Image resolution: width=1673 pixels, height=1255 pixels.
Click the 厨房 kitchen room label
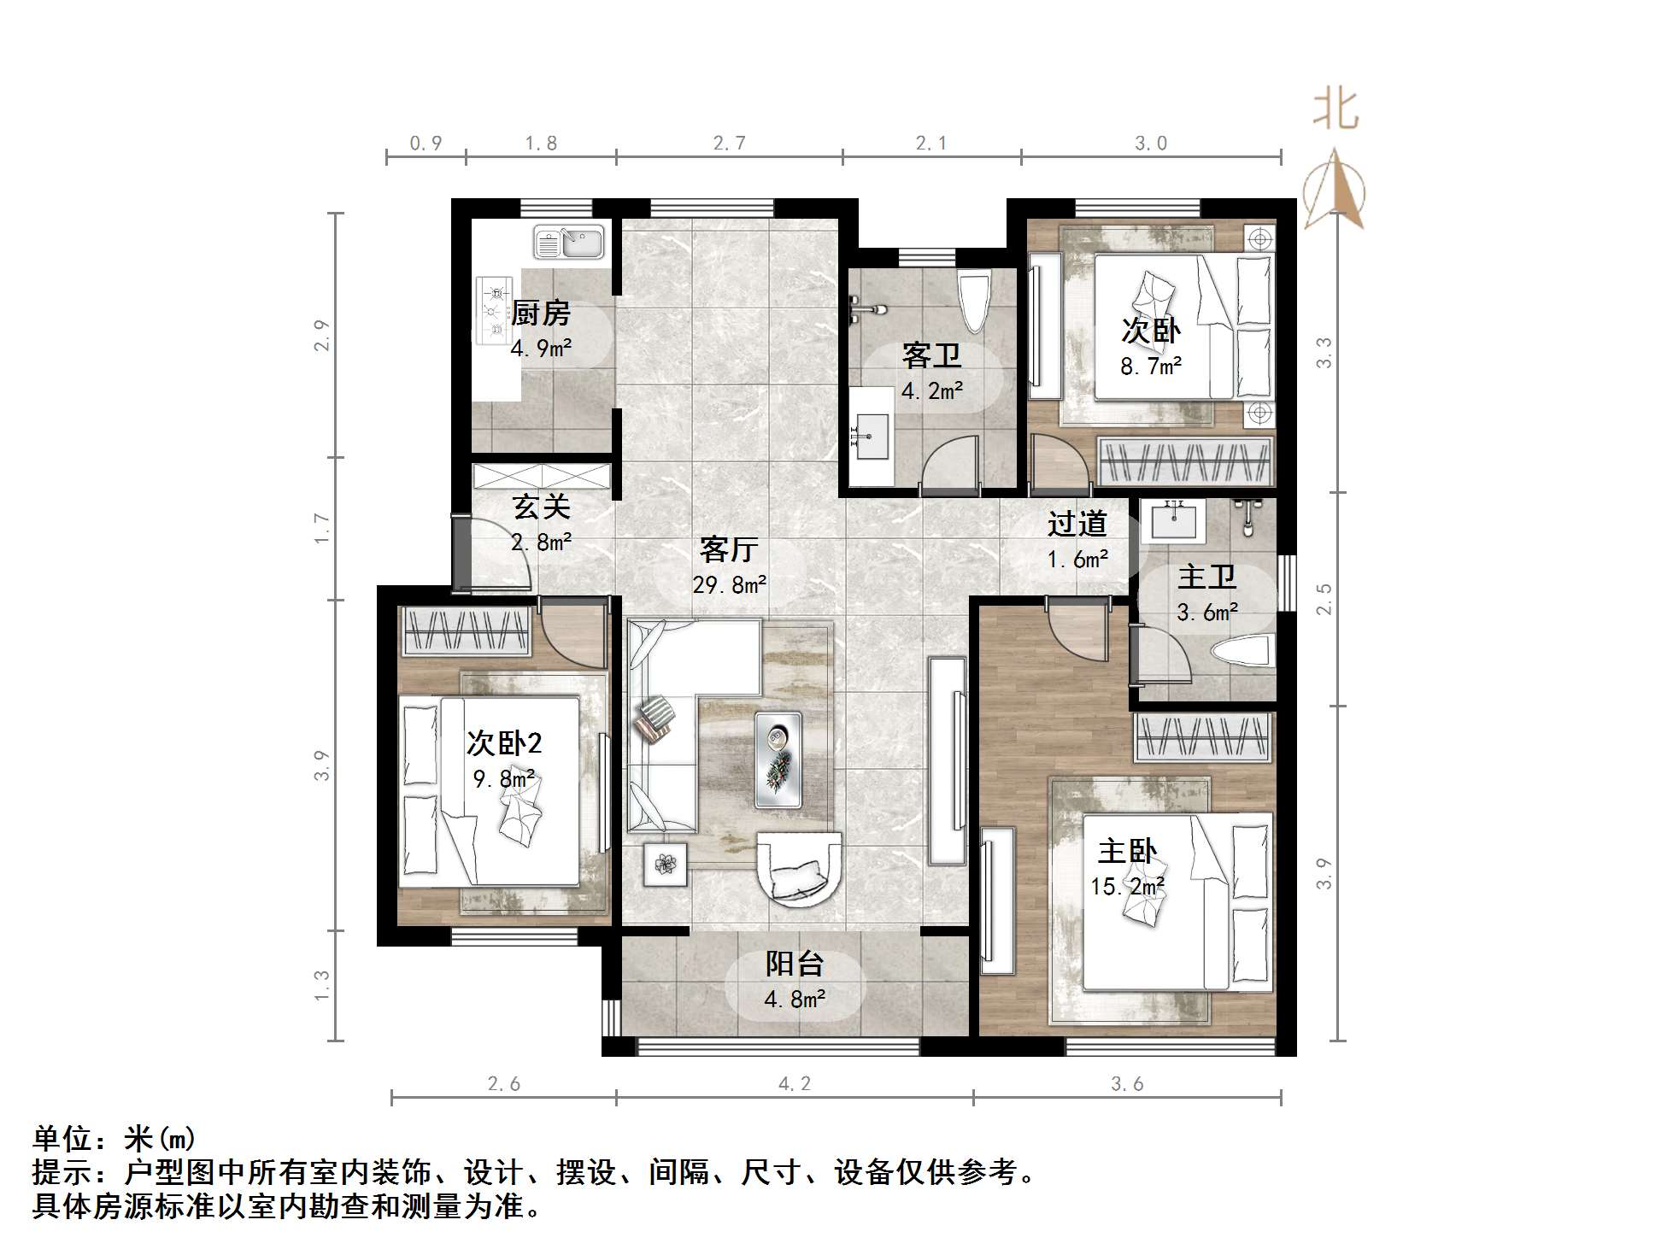[x=540, y=314]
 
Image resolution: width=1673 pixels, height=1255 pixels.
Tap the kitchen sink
[x=569, y=242]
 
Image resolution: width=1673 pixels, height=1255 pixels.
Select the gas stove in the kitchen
[x=495, y=310]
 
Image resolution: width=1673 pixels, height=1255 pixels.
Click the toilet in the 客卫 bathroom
[x=973, y=302]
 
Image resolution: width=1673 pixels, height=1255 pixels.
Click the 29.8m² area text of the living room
[x=729, y=585]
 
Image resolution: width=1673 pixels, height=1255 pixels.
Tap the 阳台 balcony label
[x=794, y=964]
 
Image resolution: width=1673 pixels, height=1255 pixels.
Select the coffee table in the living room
[x=778, y=759]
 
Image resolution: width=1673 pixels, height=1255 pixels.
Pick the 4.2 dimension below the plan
[x=794, y=1083]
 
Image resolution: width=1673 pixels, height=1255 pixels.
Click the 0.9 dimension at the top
[x=426, y=144]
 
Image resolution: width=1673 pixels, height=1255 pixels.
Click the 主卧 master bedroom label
[x=1127, y=851]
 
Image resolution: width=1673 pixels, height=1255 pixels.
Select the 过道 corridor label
[x=1077, y=523]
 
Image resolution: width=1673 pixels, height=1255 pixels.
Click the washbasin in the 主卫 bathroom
[x=1175, y=520]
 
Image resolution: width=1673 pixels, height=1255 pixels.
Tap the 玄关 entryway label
[x=541, y=507]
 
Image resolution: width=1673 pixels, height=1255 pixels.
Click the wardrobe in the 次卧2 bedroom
[x=467, y=630]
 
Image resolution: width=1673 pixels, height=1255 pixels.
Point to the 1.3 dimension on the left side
[x=321, y=985]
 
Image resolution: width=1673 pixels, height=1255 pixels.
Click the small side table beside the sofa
[x=666, y=865]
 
